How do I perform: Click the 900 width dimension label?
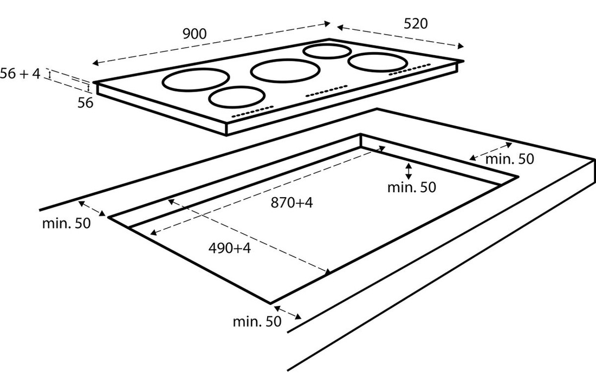[x=194, y=34]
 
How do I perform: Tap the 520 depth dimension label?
[x=416, y=23]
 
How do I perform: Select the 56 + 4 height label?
[x=20, y=74]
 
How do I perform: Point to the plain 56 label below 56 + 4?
[x=85, y=103]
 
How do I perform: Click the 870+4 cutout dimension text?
[x=292, y=203]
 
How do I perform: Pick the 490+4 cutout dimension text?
[x=230, y=248]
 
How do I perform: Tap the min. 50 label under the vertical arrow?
[x=412, y=187]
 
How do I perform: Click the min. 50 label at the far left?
[x=66, y=223]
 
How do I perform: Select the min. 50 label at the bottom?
[x=257, y=321]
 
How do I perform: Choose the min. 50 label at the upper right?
[x=509, y=159]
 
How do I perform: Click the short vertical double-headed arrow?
[x=409, y=171]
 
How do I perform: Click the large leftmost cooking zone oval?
[x=195, y=80]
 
